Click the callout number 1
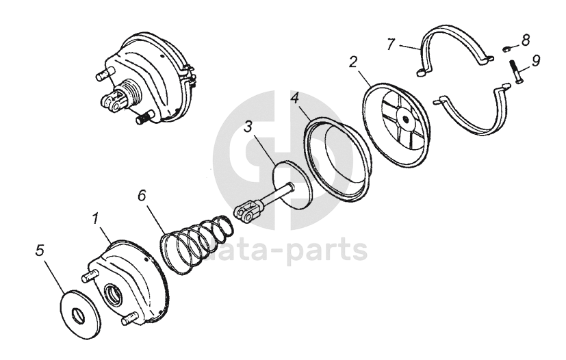pos(97,220)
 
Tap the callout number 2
pos(352,62)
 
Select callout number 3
pos(249,127)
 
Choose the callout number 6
pos(142,195)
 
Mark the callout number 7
pos(390,44)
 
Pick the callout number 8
pos(526,40)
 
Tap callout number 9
pos(536,60)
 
